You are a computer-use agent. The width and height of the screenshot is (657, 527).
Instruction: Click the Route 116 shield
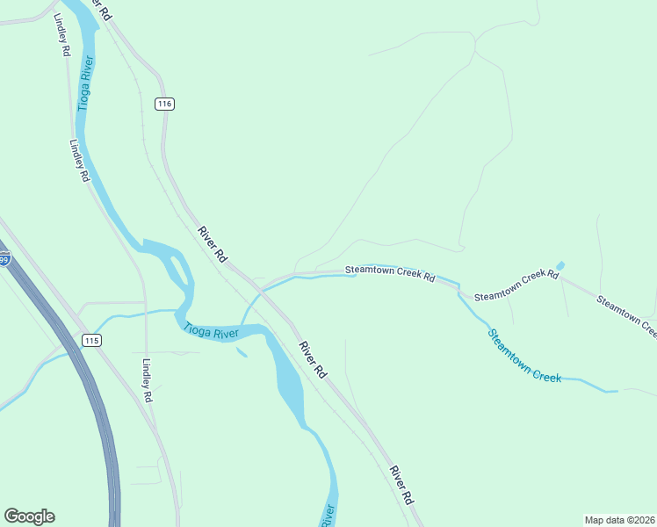(164, 104)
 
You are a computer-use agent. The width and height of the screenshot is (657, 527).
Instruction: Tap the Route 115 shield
(90, 339)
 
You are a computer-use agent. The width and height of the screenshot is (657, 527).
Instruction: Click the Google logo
(29, 516)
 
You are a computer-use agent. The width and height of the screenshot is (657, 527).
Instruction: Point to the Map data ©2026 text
(619, 519)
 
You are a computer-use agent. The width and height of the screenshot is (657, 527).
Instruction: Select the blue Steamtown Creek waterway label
(524, 355)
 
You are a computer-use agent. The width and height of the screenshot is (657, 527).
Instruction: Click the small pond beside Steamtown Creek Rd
(560, 265)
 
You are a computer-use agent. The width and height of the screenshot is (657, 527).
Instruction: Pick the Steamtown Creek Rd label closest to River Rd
(389, 272)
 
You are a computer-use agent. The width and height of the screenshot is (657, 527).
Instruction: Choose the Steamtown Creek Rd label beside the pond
(516, 286)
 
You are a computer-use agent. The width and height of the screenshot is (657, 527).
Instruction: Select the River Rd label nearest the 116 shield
(213, 245)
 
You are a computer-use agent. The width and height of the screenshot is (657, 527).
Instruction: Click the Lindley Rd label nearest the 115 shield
(148, 380)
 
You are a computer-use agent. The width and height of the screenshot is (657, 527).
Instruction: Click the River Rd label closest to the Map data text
(401, 484)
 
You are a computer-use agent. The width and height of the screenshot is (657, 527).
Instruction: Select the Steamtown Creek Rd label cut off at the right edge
(626, 316)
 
